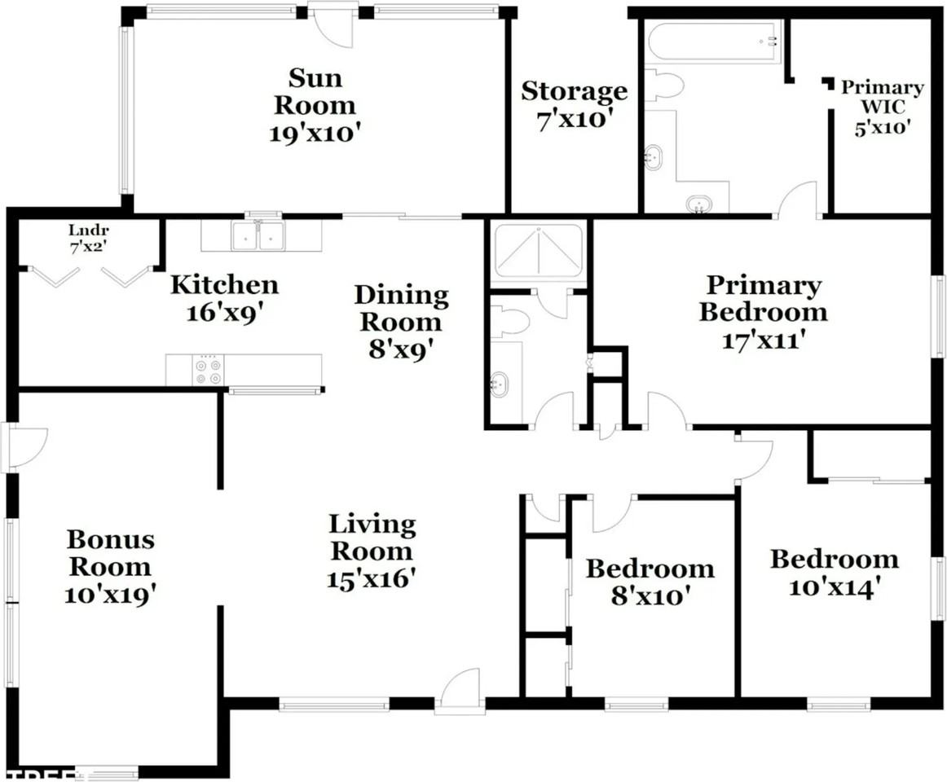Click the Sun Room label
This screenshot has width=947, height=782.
315,91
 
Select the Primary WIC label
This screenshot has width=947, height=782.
883,97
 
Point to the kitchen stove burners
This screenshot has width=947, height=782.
208,370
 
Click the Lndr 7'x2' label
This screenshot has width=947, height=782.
88,237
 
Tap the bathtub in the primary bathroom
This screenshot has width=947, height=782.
713,42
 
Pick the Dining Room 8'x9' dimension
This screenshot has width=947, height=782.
401,349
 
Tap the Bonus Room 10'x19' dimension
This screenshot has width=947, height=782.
111,595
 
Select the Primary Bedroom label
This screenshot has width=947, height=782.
764,298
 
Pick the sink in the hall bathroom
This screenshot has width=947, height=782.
500,384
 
